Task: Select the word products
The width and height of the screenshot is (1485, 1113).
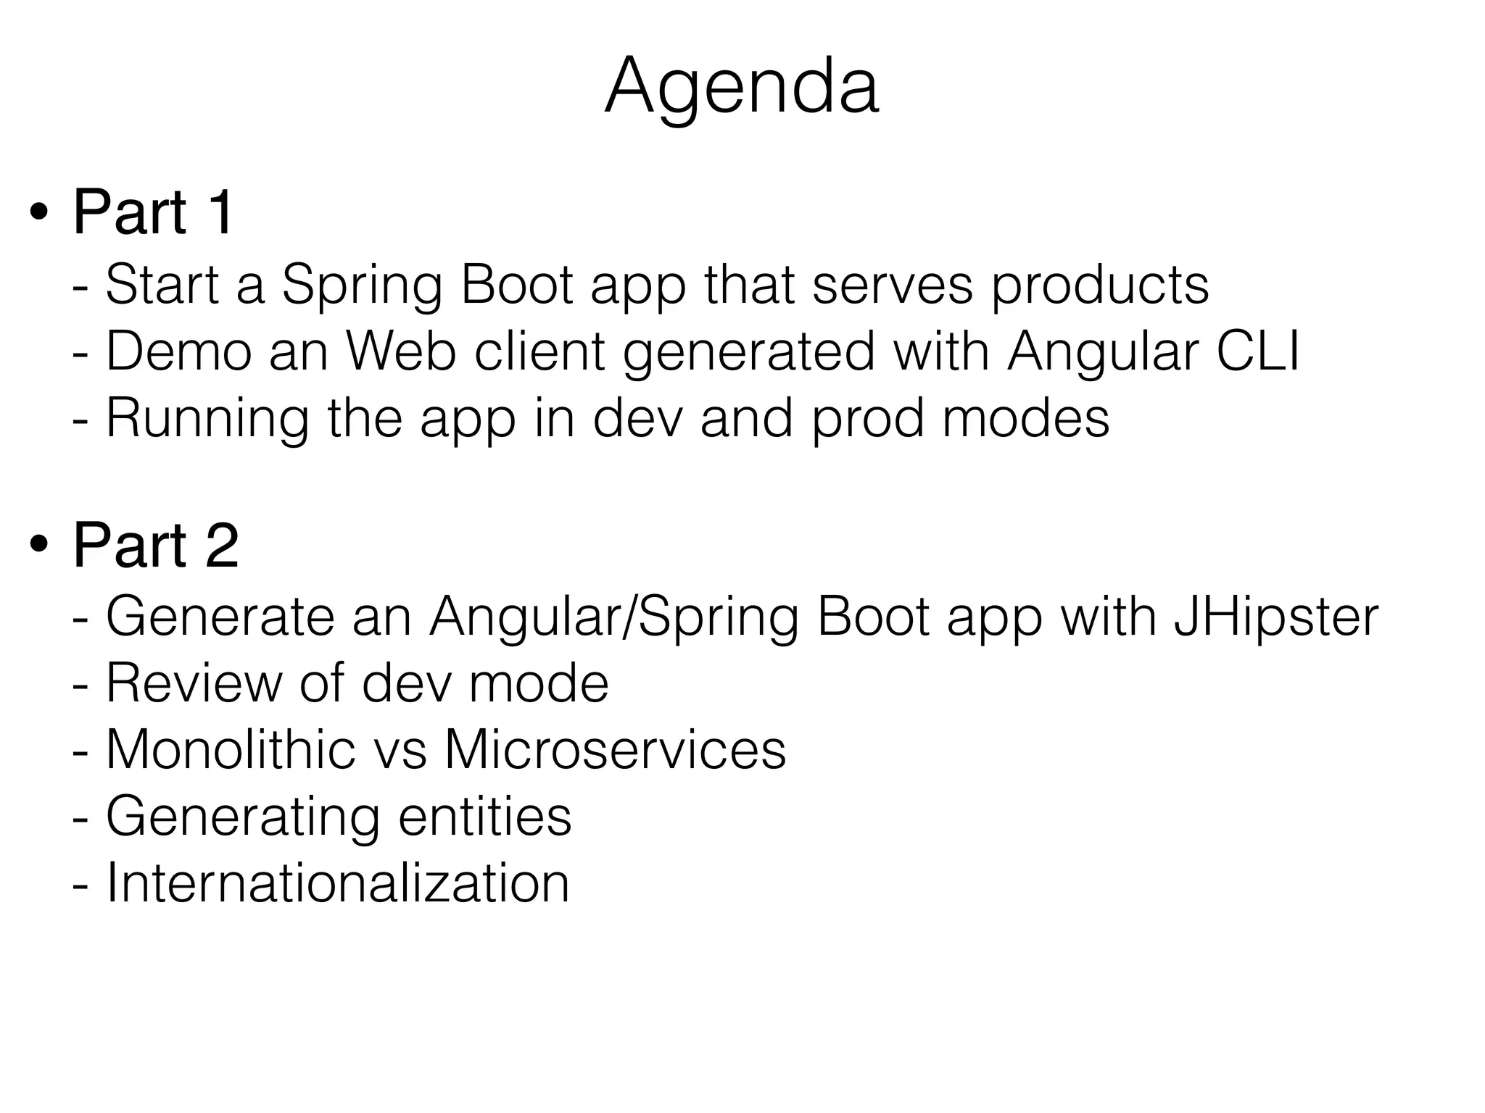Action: point(1100,285)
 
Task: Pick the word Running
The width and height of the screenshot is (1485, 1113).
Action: point(207,419)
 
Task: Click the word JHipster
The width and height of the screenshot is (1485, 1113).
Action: point(1275,617)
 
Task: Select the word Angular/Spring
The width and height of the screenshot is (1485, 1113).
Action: point(613,617)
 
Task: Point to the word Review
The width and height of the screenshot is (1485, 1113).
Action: point(194,683)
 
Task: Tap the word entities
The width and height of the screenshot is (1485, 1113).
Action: point(485,817)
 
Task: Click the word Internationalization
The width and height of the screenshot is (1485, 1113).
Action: point(338,883)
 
